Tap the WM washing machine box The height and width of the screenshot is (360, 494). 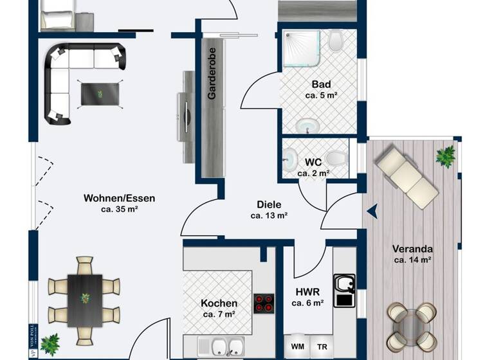pyautogui.click(x=298, y=346)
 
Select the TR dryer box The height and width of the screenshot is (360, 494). pyautogui.click(x=322, y=346)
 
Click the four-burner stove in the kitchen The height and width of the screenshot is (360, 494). pyautogui.click(x=263, y=303)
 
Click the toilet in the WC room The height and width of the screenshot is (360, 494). pyautogui.click(x=334, y=157)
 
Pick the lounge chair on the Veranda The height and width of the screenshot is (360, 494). pyautogui.click(x=407, y=177)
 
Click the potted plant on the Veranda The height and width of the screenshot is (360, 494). pyautogui.click(x=444, y=156)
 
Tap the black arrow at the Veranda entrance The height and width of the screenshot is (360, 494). pyautogui.click(x=372, y=210)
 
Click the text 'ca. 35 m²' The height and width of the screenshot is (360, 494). pyautogui.click(x=120, y=209)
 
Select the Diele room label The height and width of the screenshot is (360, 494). pyautogui.click(x=269, y=204)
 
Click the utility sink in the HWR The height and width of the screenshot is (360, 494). pyautogui.click(x=344, y=289)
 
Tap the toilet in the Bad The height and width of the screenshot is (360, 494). pyautogui.click(x=336, y=42)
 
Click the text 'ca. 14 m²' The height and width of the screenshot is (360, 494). pyautogui.click(x=412, y=260)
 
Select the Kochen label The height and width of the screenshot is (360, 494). pyautogui.click(x=219, y=303)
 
